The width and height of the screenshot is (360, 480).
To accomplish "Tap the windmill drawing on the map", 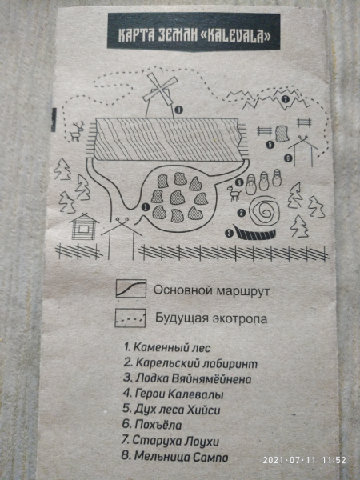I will (158, 96).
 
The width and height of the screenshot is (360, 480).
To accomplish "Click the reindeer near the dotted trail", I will (77, 130).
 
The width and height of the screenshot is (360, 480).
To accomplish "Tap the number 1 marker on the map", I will (144, 206).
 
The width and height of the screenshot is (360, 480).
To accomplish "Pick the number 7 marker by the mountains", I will (286, 99).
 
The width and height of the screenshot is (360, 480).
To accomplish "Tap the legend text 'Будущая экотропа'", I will (210, 318).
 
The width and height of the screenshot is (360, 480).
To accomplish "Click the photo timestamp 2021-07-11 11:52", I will (304, 460).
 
